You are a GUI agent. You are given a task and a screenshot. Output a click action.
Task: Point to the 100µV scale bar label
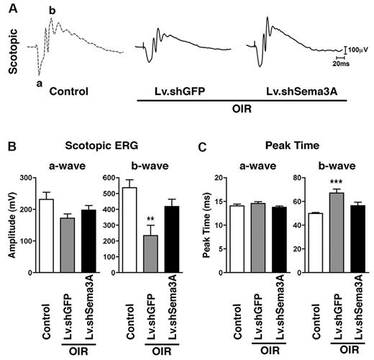(360, 49)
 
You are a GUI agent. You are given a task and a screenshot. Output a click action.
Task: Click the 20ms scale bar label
(351, 63)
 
